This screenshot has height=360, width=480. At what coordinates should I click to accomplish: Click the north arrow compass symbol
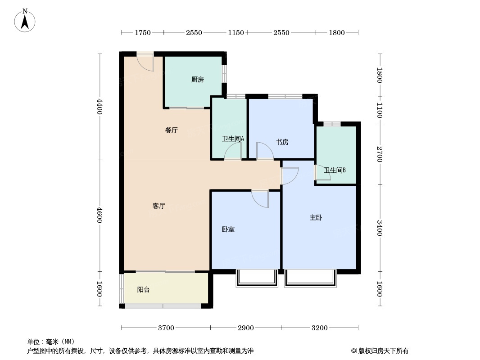(25, 21)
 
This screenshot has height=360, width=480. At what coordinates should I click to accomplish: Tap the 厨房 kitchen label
(198, 80)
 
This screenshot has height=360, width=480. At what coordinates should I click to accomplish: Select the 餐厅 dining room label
(172, 130)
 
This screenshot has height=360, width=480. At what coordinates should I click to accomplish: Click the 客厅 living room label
(159, 206)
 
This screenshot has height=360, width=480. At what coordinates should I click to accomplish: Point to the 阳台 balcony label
(143, 290)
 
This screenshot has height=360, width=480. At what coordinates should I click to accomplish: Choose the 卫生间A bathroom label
(233, 139)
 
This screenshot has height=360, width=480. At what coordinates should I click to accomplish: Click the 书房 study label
(282, 142)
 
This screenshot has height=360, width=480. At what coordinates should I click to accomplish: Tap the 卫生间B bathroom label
(335, 171)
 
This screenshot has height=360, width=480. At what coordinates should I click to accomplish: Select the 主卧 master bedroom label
(316, 218)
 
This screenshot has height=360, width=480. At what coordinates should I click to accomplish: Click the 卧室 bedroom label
(228, 229)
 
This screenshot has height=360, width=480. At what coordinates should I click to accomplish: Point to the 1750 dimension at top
(143, 32)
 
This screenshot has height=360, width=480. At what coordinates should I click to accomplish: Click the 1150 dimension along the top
(236, 32)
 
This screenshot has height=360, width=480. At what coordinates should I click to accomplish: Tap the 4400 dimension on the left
(99, 107)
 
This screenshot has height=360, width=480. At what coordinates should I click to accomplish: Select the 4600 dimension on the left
(99, 216)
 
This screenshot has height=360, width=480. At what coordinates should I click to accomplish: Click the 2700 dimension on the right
(380, 154)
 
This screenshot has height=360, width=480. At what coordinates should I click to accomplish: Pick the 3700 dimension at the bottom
(166, 328)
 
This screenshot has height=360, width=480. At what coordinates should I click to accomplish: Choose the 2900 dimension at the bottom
(246, 328)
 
